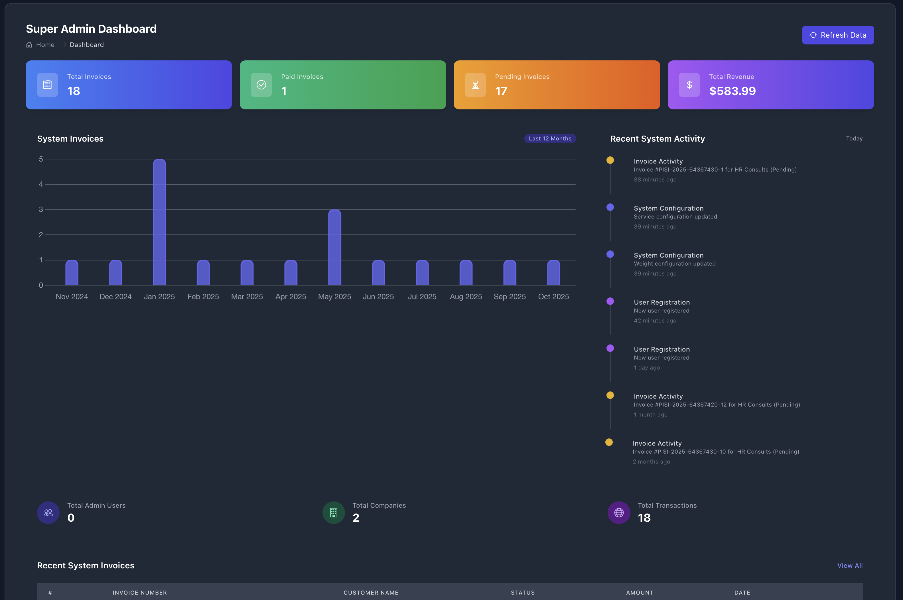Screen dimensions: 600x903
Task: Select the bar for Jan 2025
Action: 159,222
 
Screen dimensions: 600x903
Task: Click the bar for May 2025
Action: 334,247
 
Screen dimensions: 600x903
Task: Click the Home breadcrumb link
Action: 45,45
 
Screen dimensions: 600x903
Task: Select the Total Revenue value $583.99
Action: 732,91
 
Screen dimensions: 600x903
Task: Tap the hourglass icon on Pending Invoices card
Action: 475,85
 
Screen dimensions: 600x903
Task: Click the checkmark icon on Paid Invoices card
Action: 261,85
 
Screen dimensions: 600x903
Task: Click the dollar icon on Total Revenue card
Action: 689,85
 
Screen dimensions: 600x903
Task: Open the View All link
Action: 849,565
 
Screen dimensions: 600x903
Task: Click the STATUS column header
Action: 522,592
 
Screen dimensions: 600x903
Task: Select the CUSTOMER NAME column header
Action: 371,592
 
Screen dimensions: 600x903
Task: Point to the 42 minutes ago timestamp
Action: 655,321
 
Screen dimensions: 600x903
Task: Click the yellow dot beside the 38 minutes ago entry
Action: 610,160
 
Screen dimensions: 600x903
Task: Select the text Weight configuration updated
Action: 674,264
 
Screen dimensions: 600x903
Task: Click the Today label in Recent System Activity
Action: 854,138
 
